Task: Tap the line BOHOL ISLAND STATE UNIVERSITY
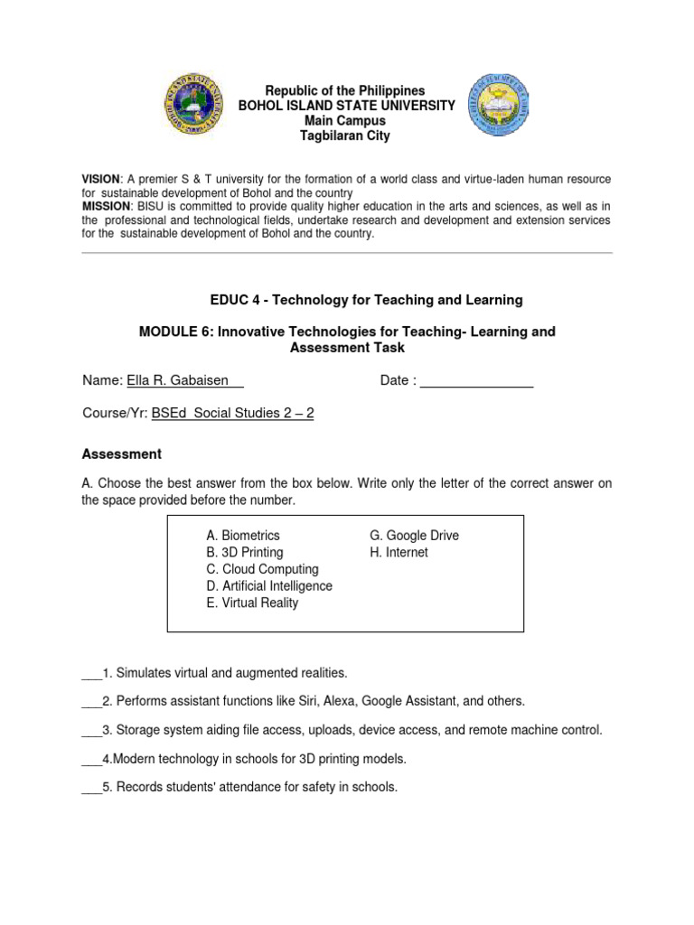tap(345, 106)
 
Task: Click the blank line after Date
tap(477, 380)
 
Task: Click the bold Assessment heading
tap(121, 453)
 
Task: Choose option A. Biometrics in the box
tap(242, 536)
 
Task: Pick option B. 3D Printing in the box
tap(244, 552)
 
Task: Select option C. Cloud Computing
tap(262, 569)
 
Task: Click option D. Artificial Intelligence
tap(268, 585)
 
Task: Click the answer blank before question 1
tap(91, 674)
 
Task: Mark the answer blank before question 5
tap(91, 787)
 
